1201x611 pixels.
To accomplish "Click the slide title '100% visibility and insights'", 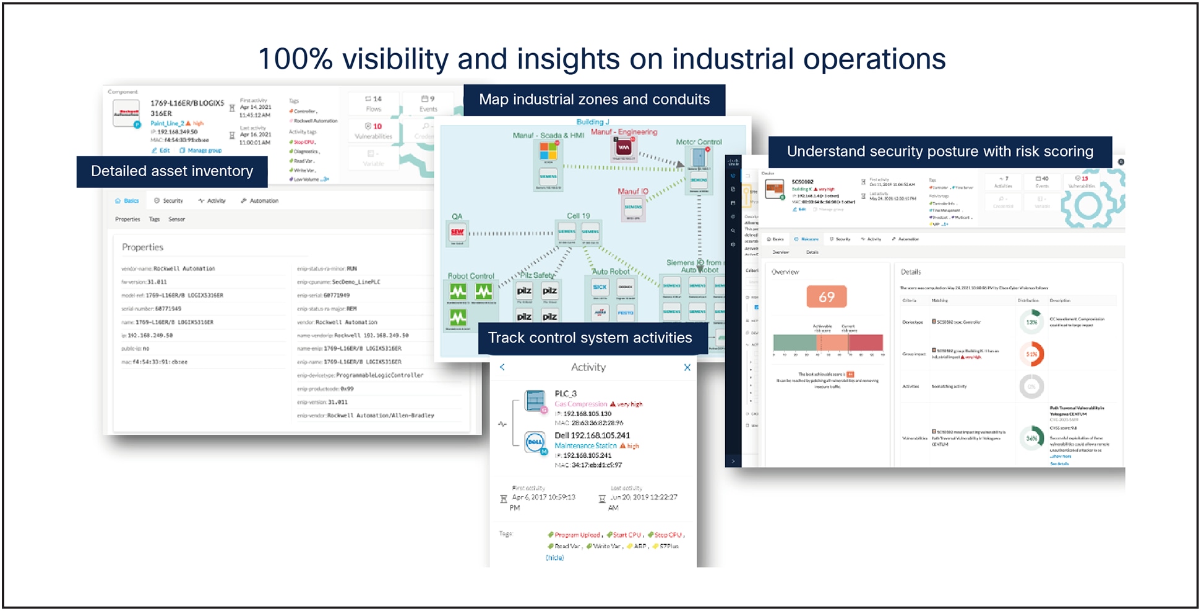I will click(x=601, y=59).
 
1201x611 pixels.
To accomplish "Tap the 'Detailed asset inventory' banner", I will click(x=172, y=171).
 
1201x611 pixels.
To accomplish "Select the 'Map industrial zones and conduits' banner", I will click(x=594, y=100).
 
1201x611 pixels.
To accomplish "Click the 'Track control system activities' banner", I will click(x=590, y=338).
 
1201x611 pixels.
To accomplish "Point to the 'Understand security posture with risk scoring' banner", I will click(x=939, y=152).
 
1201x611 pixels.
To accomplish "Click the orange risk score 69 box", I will click(x=826, y=297).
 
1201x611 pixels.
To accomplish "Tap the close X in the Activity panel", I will click(x=687, y=367).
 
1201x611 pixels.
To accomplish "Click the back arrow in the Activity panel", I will click(x=502, y=367).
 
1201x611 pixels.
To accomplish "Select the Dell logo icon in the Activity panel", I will click(x=535, y=442).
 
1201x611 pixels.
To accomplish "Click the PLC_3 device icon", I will click(x=535, y=401).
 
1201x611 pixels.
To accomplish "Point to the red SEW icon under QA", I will click(x=457, y=232).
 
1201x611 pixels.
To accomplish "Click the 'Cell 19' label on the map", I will click(x=579, y=216).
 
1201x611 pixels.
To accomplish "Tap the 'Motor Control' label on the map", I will click(x=699, y=142).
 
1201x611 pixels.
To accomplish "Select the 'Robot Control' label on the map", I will click(x=471, y=276).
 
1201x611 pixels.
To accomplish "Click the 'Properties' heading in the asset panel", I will click(x=142, y=247).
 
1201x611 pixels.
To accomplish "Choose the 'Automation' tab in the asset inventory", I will click(x=264, y=201).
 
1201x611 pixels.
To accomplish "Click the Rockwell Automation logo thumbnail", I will click(x=126, y=113).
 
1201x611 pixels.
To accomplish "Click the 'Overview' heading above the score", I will click(x=785, y=272).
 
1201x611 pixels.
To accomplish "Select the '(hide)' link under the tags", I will click(x=554, y=558).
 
